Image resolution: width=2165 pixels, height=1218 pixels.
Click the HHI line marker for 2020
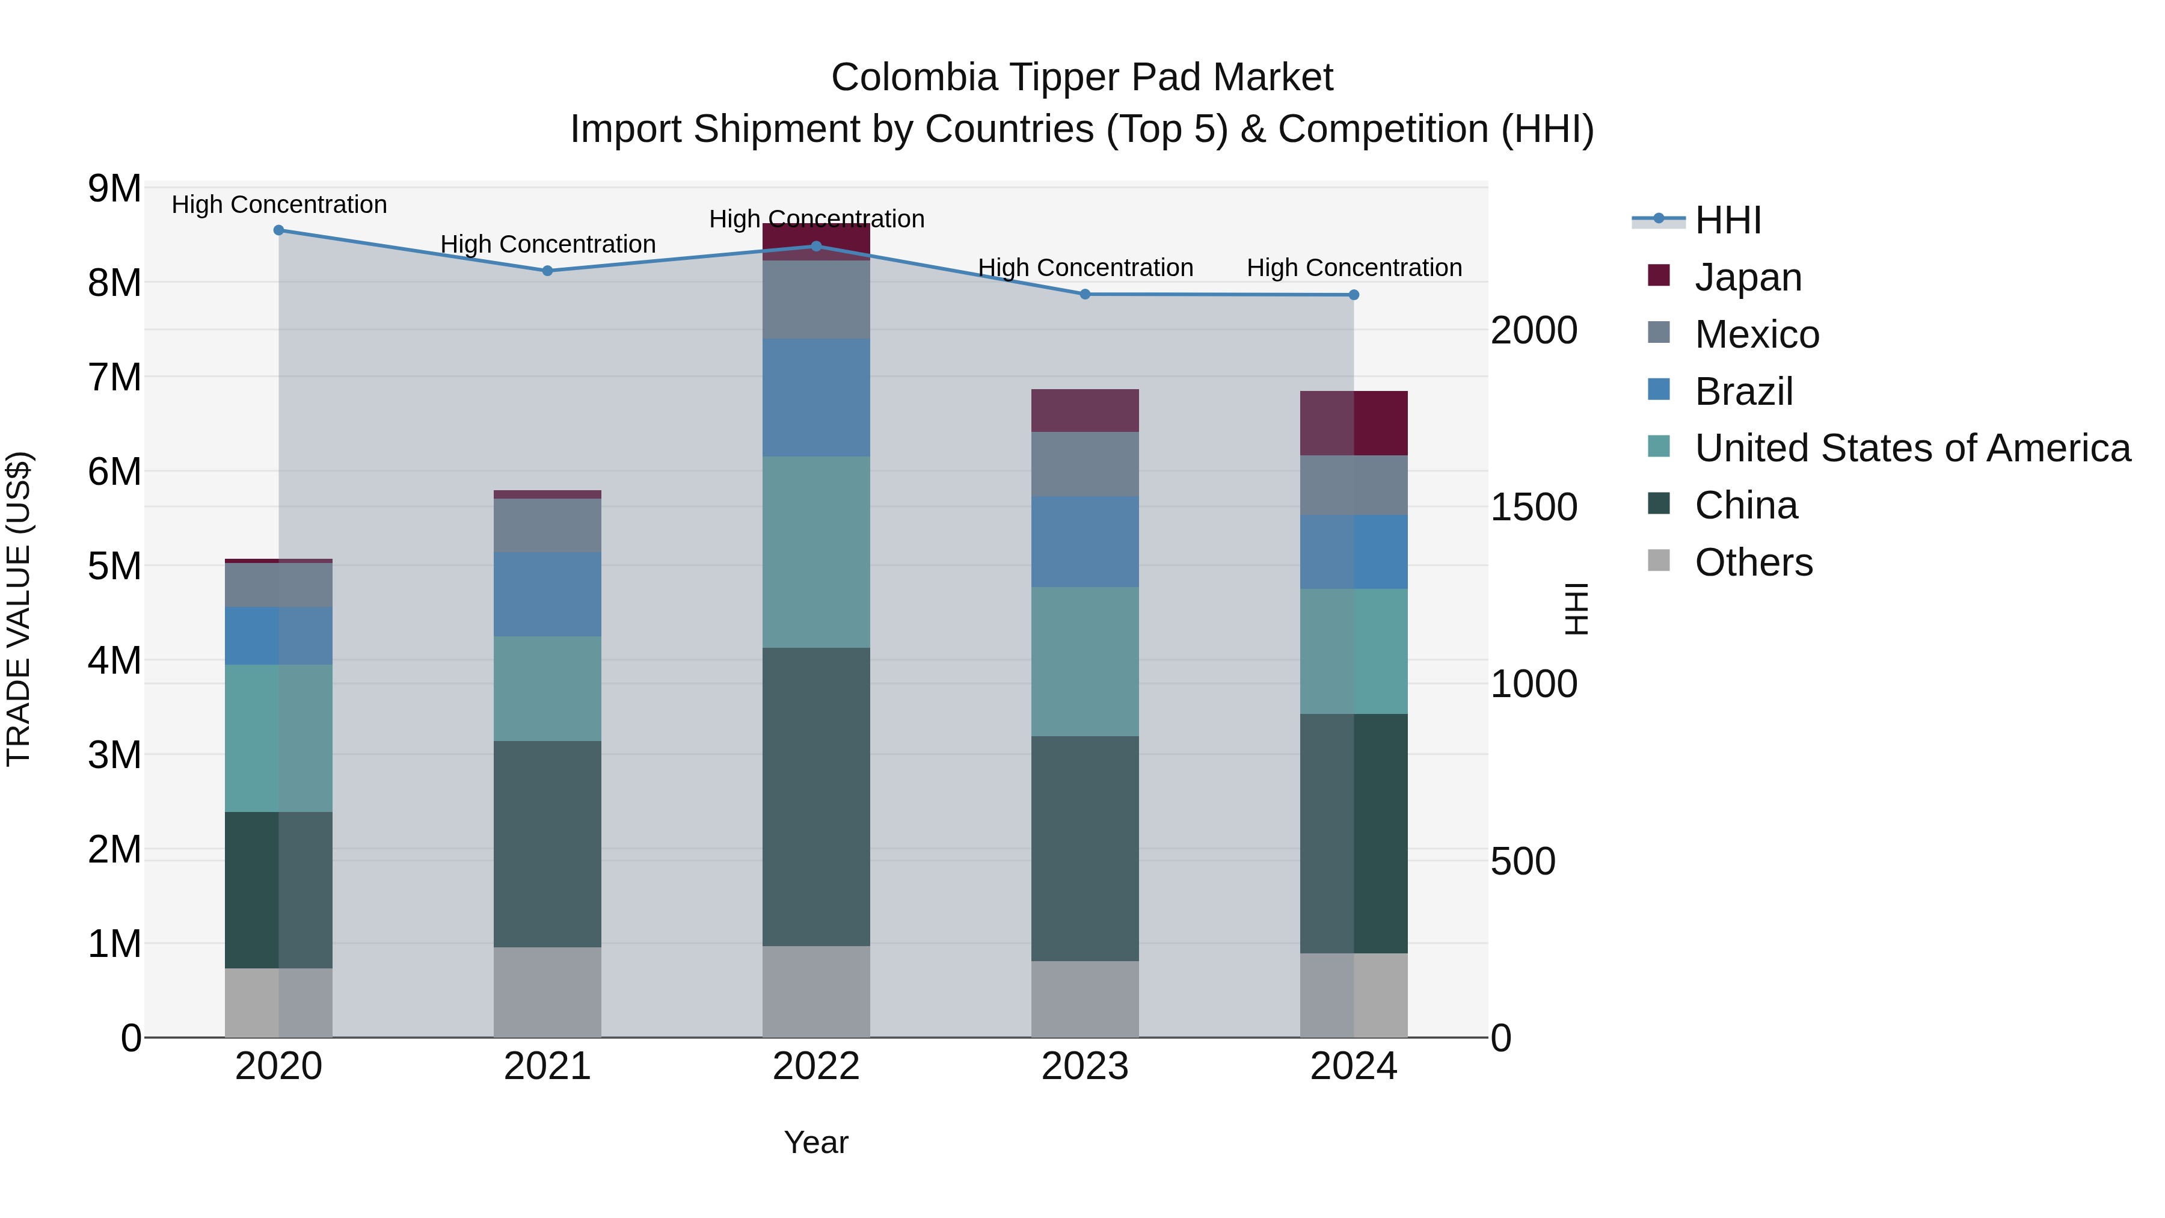click(279, 230)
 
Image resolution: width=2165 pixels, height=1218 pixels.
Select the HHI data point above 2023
click(1085, 294)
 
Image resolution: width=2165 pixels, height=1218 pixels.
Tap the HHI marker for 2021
click(547, 271)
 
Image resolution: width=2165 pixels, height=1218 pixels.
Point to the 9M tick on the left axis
click(115, 188)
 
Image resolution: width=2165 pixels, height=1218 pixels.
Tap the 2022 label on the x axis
click(816, 1066)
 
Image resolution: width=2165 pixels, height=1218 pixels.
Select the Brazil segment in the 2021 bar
click(547, 594)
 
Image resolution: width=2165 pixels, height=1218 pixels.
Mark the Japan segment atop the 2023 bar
click(1085, 410)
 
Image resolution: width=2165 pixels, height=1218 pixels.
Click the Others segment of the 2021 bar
click(547, 992)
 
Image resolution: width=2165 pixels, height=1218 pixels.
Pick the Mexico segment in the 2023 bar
click(1085, 464)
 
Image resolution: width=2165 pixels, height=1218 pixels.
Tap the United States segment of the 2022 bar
click(816, 552)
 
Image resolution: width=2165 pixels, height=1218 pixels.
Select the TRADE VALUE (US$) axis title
click(19, 609)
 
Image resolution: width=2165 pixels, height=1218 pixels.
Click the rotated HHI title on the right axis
click(1577, 609)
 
